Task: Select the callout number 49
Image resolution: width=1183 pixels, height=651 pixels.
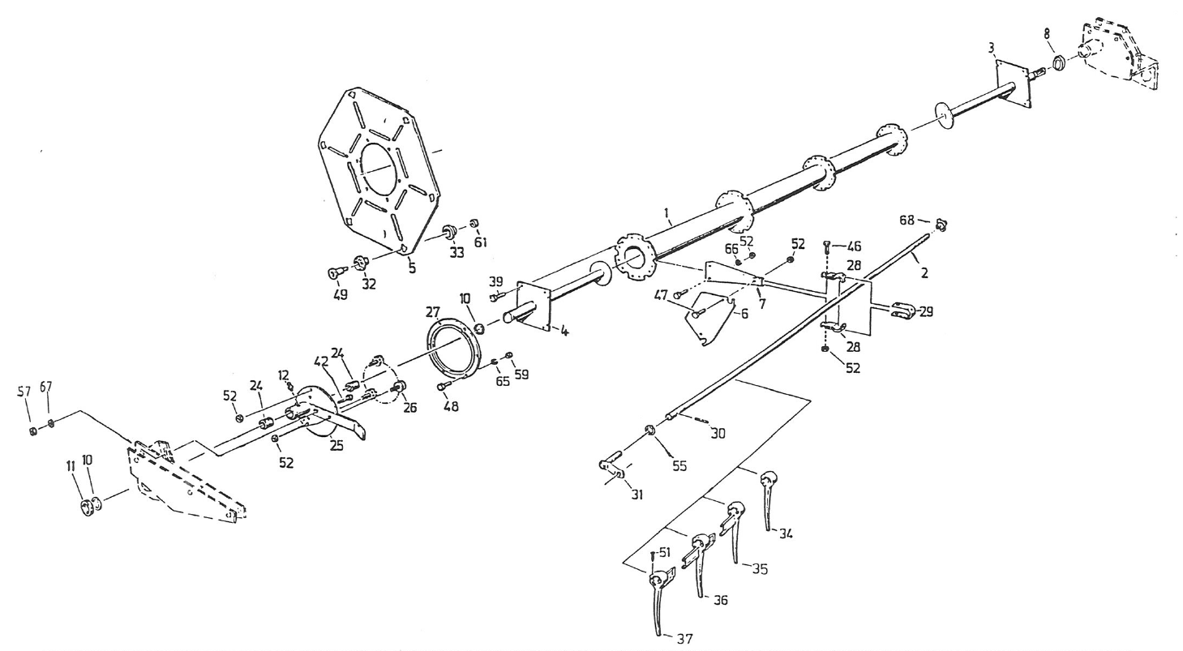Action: pyautogui.click(x=340, y=294)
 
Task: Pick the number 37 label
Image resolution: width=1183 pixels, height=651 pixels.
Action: pyautogui.click(x=684, y=639)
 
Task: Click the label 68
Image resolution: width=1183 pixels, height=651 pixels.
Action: pyautogui.click(x=907, y=220)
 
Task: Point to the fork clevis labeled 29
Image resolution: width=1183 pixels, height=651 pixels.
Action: pyautogui.click(x=905, y=311)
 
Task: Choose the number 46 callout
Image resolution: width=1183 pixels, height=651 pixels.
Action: pyautogui.click(x=854, y=246)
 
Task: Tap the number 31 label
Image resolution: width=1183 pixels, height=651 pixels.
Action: pyautogui.click(x=637, y=495)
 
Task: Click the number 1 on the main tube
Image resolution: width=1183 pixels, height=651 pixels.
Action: pyautogui.click(x=667, y=212)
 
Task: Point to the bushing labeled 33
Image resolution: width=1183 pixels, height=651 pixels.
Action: pyautogui.click(x=450, y=231)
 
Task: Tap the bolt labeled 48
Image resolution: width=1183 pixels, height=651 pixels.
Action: pyautogui.click(x=444, y=387)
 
